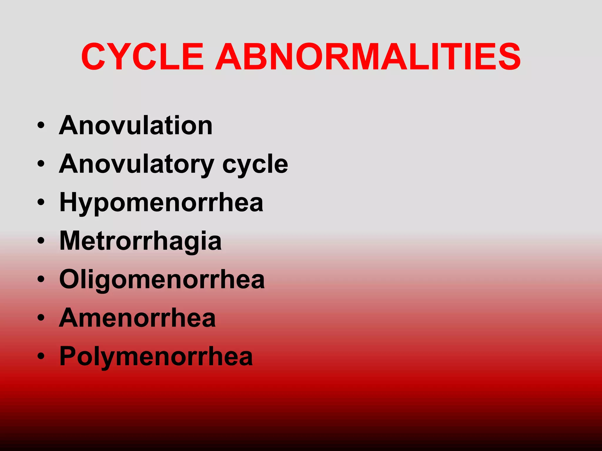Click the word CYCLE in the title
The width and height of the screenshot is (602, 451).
click(x=142, y=57)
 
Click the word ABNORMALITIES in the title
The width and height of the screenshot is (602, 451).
click(x=368, y=57)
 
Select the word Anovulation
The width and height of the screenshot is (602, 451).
click(x=136, y=125)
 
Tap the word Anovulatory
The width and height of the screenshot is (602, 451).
click(x=137, y=164)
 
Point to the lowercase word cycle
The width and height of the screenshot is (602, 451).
click(x=255, y=164)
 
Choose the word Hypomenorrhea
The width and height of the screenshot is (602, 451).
click(x=161, y=203)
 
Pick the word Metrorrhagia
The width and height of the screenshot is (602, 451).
click(x=141, y=241)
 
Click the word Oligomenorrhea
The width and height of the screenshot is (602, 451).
click(x=162, y=280)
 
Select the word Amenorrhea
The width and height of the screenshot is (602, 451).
click(x=137, y=318)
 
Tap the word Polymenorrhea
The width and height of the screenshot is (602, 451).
click(x=156, y=356)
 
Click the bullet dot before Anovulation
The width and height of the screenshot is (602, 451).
click(x=41, y=125)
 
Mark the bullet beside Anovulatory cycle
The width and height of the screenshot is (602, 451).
click(x=41, y=164)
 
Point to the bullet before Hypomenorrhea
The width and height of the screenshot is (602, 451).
click(x=41, y=202)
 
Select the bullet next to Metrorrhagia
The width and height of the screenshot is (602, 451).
click(x=41, y=241)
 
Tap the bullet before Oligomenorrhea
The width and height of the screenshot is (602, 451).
click(x=41, y=279)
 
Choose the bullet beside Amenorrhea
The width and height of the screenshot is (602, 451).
click(x=41, y=318)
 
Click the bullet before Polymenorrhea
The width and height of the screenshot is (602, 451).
click(x=41, y=356)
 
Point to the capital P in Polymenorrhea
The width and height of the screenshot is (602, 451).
click(x=68, y=356)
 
